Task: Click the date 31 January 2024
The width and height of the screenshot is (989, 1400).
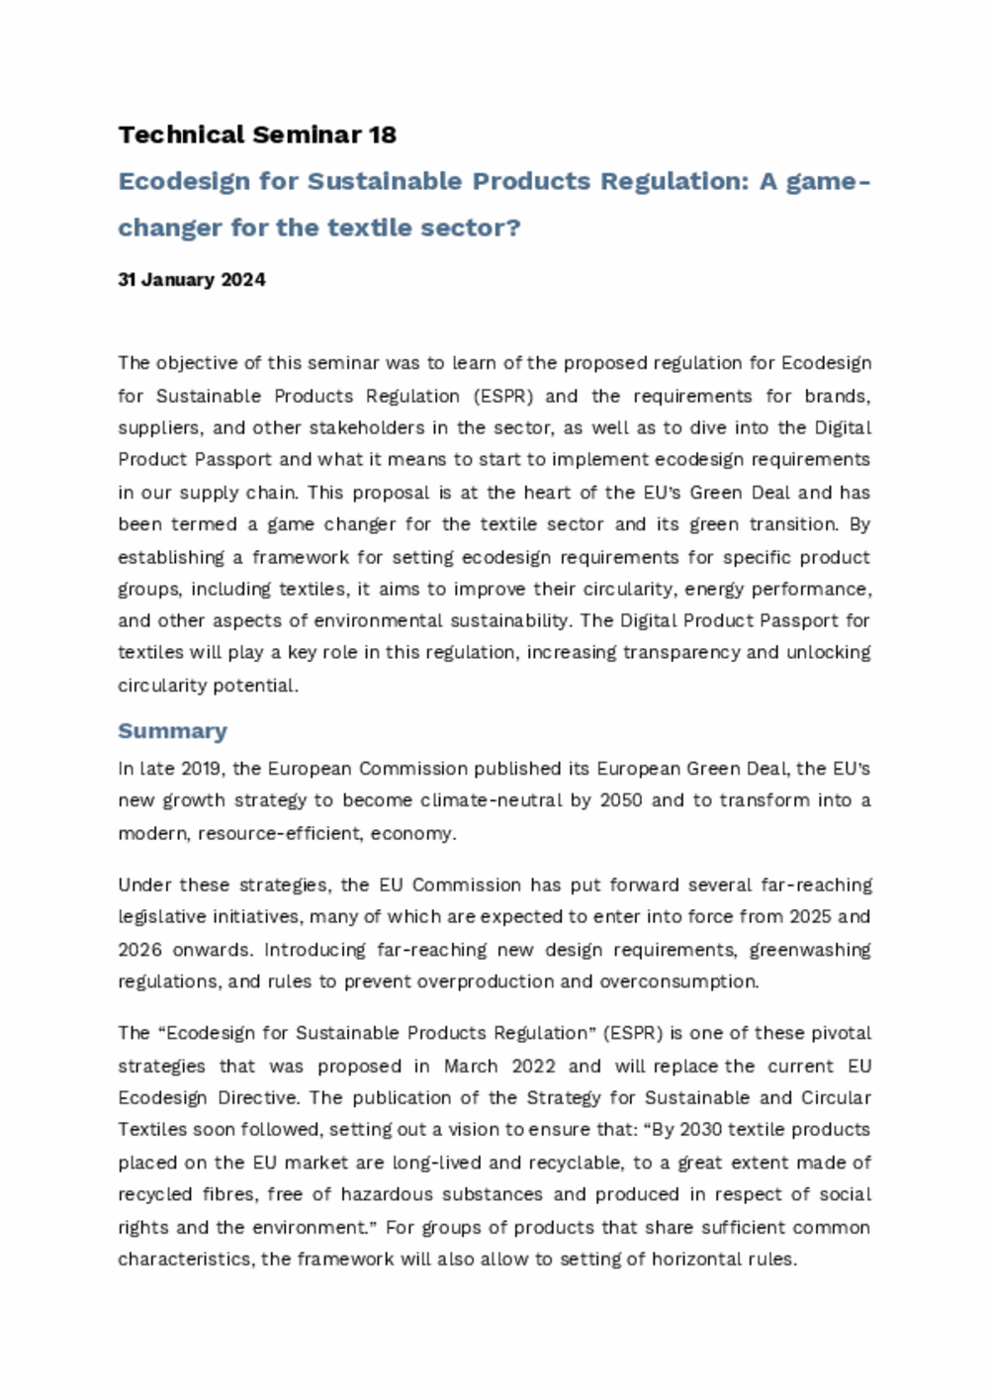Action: pos(192,280)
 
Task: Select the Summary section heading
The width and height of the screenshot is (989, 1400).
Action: pos(172,731)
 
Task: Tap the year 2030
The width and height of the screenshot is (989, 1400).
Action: pos(701,1130)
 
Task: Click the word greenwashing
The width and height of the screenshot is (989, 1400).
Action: pos(810,950)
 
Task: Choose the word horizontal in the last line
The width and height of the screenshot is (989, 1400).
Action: pos(694,1260)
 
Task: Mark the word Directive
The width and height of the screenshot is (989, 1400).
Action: pos(257,1098)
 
